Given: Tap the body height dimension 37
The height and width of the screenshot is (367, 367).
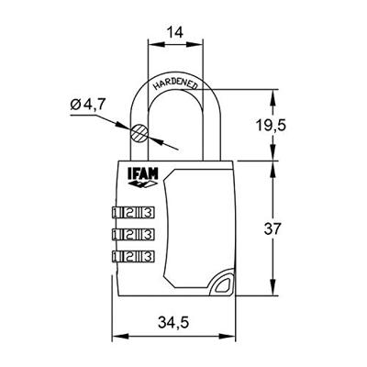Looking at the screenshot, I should point(291,228).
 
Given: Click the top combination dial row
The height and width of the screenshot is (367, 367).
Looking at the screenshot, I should point(131,210).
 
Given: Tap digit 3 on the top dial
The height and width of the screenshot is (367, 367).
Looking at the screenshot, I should point(146,210).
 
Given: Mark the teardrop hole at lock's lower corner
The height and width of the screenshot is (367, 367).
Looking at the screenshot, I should point(221,286).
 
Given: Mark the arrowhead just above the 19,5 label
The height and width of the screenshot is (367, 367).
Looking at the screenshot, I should point(274,95).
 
